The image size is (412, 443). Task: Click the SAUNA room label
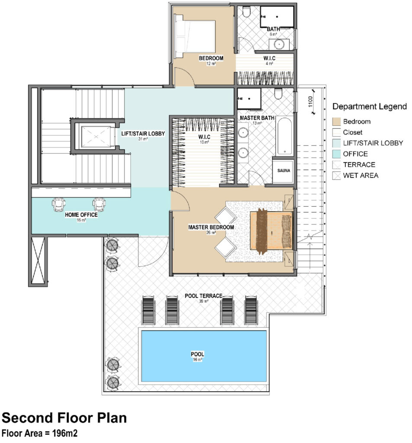(283, 170)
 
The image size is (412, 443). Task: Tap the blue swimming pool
(204, 356)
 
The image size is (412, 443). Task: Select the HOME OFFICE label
(81, 215)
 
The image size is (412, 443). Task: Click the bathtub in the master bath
(284, 136)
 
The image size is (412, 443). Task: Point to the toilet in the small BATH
(246, 12)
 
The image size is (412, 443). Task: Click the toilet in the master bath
(278, 93)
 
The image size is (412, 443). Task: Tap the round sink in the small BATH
(280, 45)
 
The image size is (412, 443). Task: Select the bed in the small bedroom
(195, 36)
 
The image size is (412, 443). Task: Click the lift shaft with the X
(96, 137)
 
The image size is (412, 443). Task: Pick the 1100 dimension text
(310, 101)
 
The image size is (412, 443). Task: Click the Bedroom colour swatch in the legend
(336, 122)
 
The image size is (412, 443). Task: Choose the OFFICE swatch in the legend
(336, 154)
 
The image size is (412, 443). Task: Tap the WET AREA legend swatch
(336, 176)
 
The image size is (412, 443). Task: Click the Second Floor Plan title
(64, 418)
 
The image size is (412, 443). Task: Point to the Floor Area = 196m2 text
(39, 433)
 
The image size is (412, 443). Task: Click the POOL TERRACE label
(203, 296)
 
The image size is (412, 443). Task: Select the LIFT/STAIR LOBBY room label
(143, 134)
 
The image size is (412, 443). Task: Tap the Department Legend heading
(369, 106)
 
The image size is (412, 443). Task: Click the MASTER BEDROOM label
(211, 227)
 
